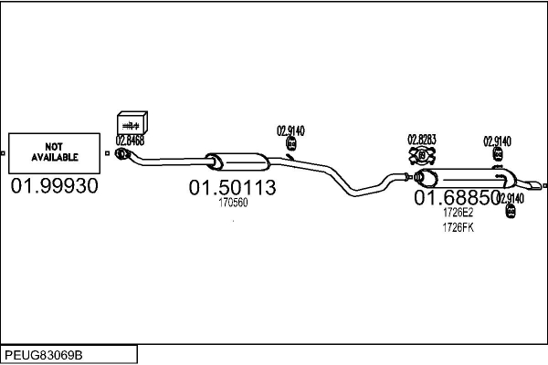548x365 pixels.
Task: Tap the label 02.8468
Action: coord(130,141)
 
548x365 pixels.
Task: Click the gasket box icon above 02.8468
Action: coord(133,122)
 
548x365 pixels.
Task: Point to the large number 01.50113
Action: coord(232,188)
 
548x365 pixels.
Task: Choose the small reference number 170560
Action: coord(233,203)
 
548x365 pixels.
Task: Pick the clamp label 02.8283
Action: coord(422,140)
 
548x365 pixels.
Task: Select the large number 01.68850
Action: coord(457,197)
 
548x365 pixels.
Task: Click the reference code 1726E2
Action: coord(458,213)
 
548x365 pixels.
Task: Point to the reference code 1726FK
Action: coord(458,227)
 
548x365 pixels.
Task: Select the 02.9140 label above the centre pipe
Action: coord(290,130)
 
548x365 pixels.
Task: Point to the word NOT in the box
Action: coord(55,146)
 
